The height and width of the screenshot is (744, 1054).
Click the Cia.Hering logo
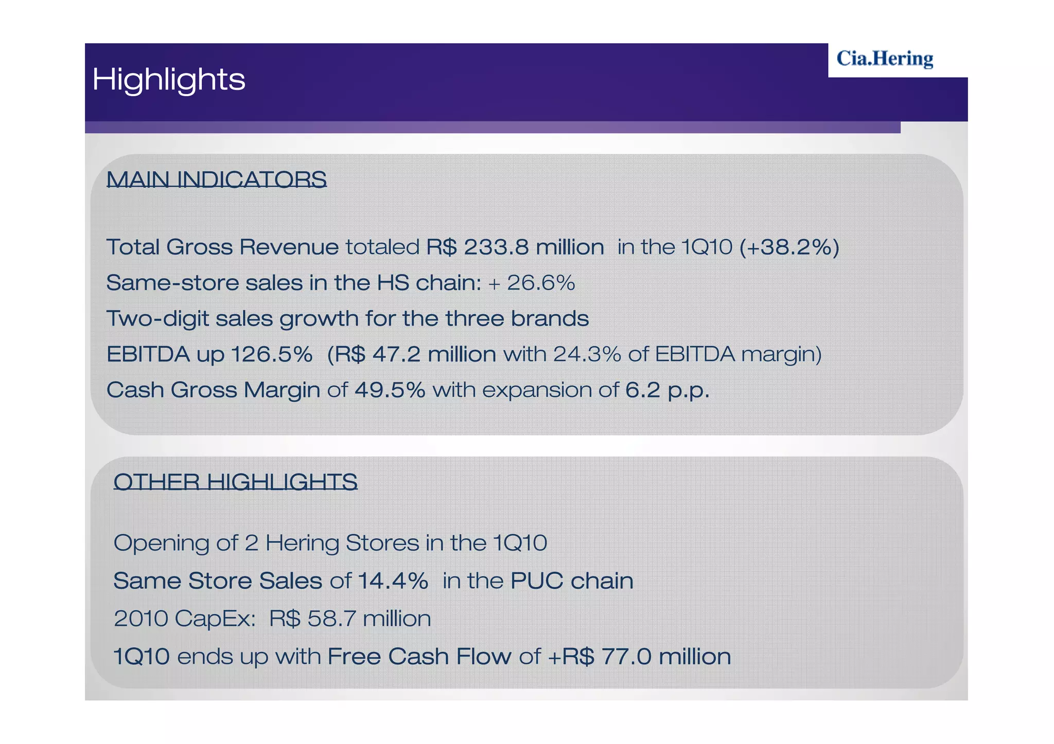coord(884,59)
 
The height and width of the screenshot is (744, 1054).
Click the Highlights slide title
coord(169,80)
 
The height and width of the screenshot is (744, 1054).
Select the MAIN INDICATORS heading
coord(216,179)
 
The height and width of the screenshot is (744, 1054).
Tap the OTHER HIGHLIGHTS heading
coord(235,482)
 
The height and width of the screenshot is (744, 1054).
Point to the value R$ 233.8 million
coord(515,247)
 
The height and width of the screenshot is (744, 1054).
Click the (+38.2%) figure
coord(789,247)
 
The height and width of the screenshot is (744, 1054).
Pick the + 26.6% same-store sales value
coord(531,283)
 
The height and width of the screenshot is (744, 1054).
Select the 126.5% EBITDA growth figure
coord(271,354)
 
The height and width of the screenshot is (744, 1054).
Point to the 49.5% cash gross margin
coord(390,390)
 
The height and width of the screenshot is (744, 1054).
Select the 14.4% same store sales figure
coord(393,581)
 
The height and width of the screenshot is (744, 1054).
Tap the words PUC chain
coord(571,581)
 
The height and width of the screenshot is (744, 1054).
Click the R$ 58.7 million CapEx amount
coord(350,619)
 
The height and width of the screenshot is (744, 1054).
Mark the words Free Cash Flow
coord(419,657)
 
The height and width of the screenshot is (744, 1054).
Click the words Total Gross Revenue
coord(222,247)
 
